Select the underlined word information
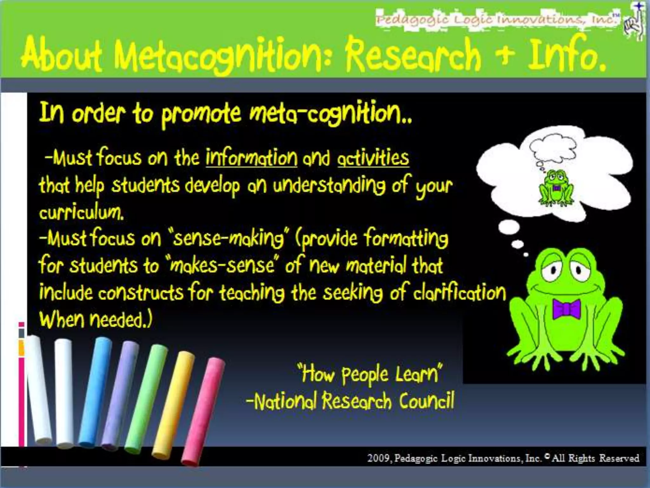click(251, 158)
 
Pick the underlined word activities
click(373, 158)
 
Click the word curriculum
click(81, 212)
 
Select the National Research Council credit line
click(350, 401)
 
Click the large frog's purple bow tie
click(566, 308)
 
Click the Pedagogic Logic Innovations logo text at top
click(497, 20)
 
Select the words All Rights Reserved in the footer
click(595, 458)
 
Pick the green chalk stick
click(146, 397)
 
